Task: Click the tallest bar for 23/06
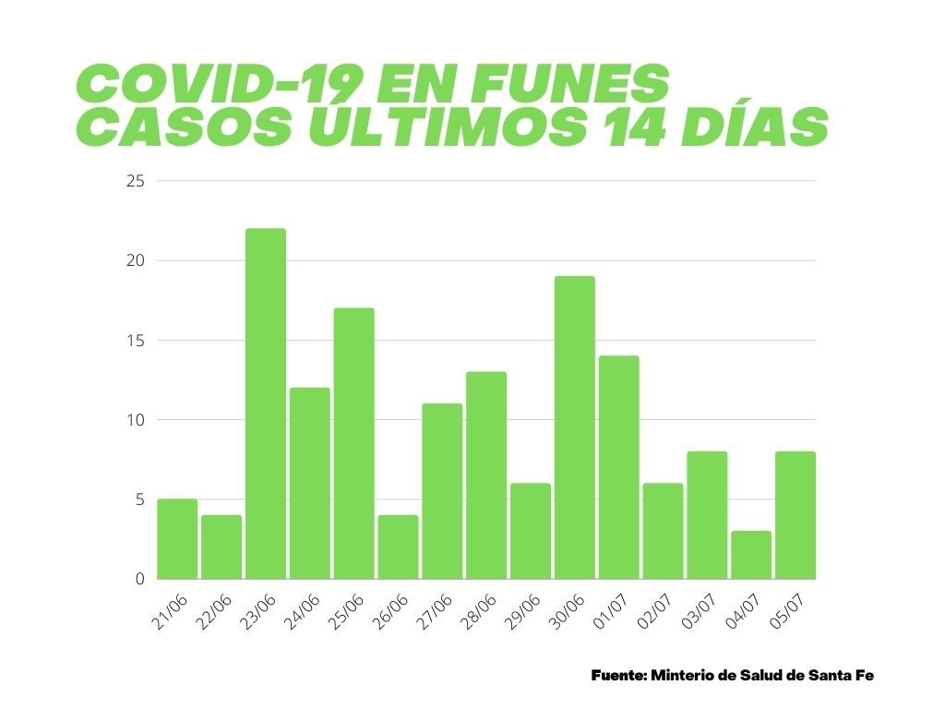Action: coord(266,403)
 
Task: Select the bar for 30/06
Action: coord(575,427)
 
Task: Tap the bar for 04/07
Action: coord(751,555)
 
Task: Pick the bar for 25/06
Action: coord(353,443)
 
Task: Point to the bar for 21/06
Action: coord(177,539)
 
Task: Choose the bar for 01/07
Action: coord(618,467)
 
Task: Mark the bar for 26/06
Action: coord(398,547)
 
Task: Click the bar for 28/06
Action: coord(486,475)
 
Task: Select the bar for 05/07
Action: coord(795,515)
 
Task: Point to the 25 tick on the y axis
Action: coord(136,181)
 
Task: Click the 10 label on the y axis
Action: coord(136,420)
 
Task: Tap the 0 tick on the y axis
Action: coord(140,579)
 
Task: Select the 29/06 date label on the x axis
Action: coord(524,613)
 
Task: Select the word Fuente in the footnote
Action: coord(617,676)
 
